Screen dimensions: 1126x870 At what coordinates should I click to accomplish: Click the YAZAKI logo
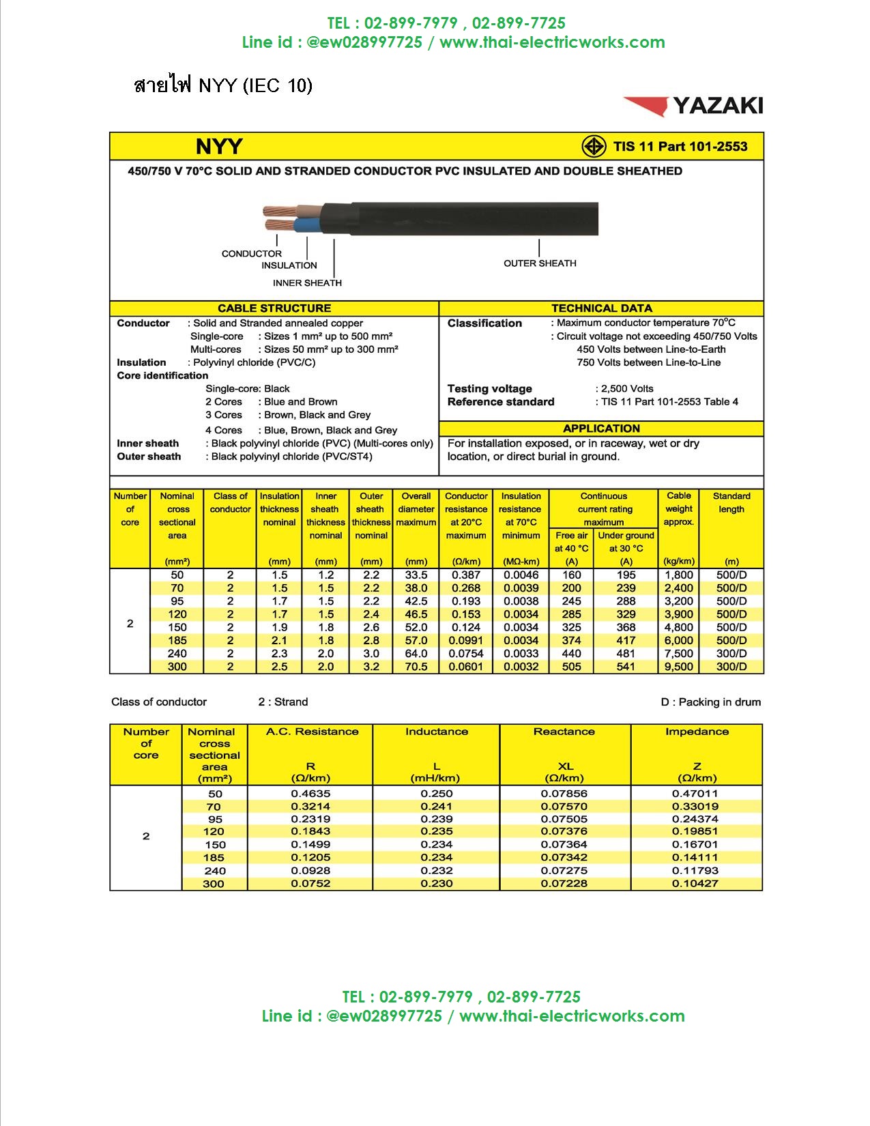[x=693, y=106]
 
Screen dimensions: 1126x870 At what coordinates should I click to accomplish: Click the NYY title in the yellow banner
[x=219, y=147]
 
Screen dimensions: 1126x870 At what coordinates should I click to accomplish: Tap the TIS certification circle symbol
[x=594, y=146]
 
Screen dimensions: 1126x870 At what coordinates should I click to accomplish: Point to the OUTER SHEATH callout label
[x=540, y=263]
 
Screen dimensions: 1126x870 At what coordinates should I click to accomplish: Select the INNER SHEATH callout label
[x=307, y=283]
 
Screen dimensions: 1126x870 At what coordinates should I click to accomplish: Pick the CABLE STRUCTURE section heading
[x=274, y=308]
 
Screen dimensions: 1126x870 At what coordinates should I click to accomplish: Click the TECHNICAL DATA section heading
[x=601, y=308]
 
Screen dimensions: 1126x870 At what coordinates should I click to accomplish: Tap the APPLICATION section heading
[x=601, y=429]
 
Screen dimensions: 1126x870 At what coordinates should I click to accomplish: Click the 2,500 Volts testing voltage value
[x=627, y=389]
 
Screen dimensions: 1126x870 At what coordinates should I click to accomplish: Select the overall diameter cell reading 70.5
[x=416, y=667]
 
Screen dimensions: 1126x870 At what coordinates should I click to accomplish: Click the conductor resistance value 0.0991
[x=466, y=641]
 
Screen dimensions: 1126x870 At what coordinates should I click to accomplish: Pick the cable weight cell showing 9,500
[x=679, y=667]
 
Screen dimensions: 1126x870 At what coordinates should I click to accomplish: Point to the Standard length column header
[x=731, y=502]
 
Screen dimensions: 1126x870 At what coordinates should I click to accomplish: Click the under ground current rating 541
[x=626, y=667]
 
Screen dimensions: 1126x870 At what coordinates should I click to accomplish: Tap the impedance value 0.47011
[x=695, y=794]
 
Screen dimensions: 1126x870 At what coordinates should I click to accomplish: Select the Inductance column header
[x=436, y=732]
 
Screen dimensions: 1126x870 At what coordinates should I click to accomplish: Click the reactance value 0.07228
[x=564, y=884]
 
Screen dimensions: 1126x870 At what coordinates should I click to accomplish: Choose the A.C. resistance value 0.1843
[x=310, y=831]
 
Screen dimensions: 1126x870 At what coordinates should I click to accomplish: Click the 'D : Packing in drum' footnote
[x=710, y=702]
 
